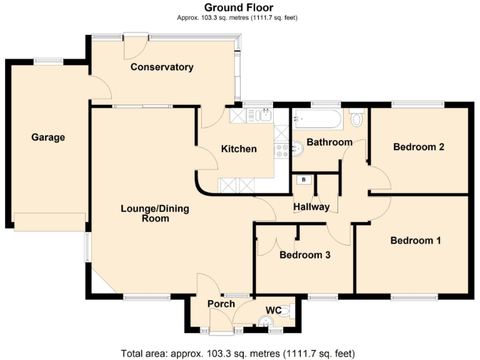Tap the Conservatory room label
coord(162,67)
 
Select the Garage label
coord(48,137)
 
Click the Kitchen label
coord(239,149)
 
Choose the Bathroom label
coord(329,142)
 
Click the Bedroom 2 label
coord(418,147)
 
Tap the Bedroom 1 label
coord(416,241)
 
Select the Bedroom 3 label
coord(304,255)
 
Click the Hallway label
coord(311,207)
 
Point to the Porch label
coord(221,304)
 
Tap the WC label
coord(274,310)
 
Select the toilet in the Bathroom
coord(357,118)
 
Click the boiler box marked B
coord(304,180)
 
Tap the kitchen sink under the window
coord(258,115)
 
